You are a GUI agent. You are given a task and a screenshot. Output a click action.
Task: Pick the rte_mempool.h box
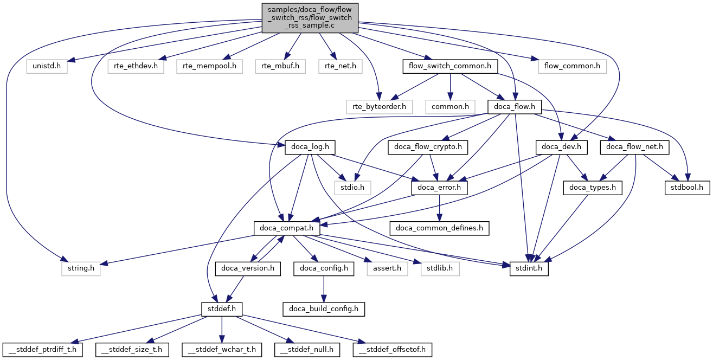(x=209, y=67)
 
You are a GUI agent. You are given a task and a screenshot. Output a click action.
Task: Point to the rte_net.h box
(x=340, y=67)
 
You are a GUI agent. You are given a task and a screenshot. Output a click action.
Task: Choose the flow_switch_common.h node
(x=450, y=67)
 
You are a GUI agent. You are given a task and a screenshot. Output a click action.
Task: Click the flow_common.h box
(x=572, y=67)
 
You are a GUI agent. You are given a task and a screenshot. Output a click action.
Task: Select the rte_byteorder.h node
(x=380, y=106)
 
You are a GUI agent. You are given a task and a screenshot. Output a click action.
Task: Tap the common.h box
(x=450, y=106)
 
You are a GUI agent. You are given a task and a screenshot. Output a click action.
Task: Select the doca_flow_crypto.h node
(x=428, y=147)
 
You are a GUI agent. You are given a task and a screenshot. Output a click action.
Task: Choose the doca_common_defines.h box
(x=440, y=228)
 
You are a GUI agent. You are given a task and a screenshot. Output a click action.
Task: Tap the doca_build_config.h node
(x=323, y=309)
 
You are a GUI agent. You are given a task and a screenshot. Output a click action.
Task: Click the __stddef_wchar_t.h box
(x=222, y=350)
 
